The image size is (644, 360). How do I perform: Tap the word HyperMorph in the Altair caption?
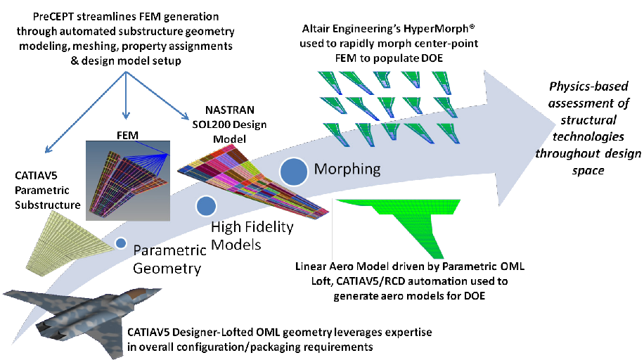pyautogui.click(x=439, y=29)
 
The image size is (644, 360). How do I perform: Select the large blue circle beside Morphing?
pyautogui.click(x=294, y=171)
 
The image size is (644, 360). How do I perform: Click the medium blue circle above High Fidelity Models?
pyautogui.click(x=206, y=206)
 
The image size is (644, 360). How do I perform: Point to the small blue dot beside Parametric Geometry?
pyautogui.click(x=121, y=243)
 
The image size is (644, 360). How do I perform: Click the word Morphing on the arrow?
pyautogui.click(x=347, y=169)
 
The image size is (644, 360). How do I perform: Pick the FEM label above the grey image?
pyautogui.click(x=127, y=135)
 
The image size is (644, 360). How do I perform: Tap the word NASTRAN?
pyautogui.click(x=230, y=110)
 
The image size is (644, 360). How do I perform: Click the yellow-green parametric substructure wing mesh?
pyautogui.click(x=70, y=240)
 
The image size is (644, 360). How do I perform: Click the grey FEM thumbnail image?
pyautogui.click(x=128, y=181)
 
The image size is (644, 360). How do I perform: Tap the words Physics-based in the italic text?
pyautogui.click(x=588, y=86)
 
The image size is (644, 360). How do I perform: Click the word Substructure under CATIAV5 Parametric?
pyautogui.click(x=48, y=205)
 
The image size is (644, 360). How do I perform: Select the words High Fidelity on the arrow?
pyautogui.click(x=252, y=227)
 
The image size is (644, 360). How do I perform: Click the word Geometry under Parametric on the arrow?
pyautogui.click(x=167, y=269)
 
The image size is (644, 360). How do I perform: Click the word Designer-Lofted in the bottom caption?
pyautogui.click(x=212, y=332)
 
